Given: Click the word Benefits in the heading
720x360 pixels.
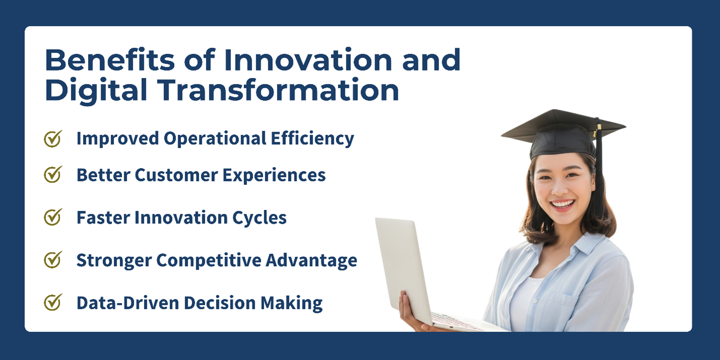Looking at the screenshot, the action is [x=110, y=60].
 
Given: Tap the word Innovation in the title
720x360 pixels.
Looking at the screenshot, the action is [x=308, y=60].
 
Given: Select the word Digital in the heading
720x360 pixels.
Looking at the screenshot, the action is [x=96, y=90].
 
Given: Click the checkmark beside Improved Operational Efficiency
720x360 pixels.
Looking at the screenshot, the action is [x=53, y=139].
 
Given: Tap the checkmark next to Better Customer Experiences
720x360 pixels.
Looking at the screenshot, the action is [x=53, y=175].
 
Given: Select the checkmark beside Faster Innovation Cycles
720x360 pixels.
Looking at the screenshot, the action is [x=53, y=218].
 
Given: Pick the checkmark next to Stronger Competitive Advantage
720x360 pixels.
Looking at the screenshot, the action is [x=53, y=260].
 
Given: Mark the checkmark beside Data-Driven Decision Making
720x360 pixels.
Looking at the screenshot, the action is [x=53, y=303].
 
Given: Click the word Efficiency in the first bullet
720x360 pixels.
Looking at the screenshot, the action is [x=313, y=139].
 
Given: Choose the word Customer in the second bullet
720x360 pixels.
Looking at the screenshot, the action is [x=176, y=175].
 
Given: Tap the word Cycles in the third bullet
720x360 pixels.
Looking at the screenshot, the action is [x=259, y=218].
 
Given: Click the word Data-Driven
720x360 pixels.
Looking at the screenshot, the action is [x=127, y=303].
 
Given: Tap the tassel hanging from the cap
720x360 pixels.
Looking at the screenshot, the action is [x=599, y=167].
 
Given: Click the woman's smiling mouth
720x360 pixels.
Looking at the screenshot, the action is [x=562, y=205].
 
